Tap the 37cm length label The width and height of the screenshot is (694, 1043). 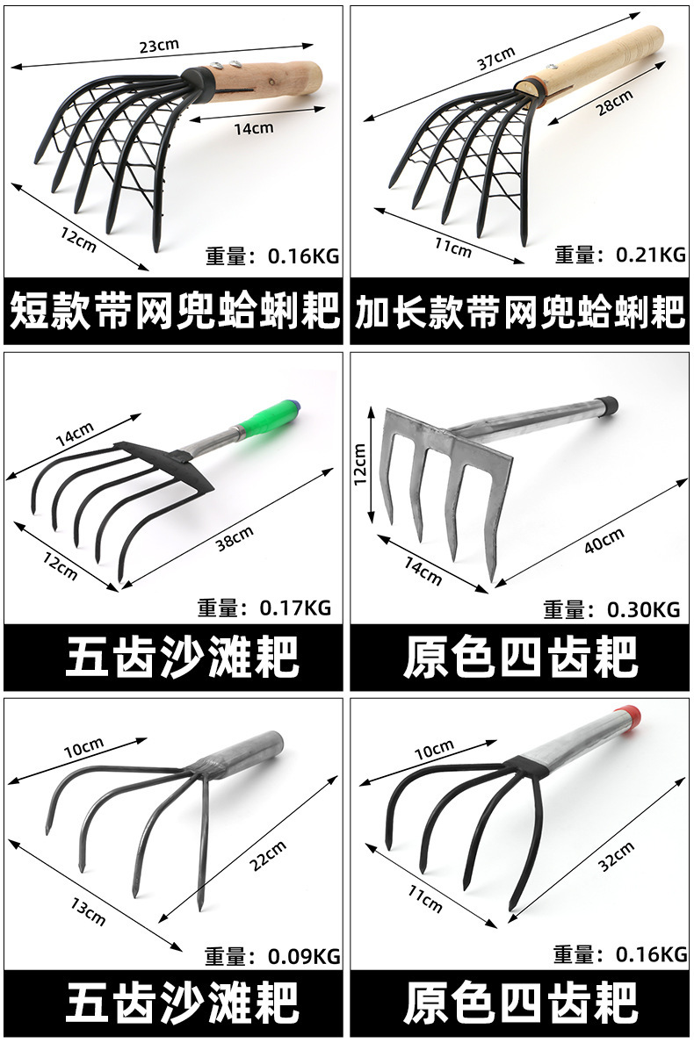[496, 59]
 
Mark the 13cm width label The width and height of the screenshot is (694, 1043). [87, 914]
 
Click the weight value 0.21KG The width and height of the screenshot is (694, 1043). [650, 255]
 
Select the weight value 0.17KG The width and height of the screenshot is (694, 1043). [295, 608]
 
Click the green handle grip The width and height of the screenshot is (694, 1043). [270, 417]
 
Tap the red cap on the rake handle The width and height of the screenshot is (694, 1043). [636, 713]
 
